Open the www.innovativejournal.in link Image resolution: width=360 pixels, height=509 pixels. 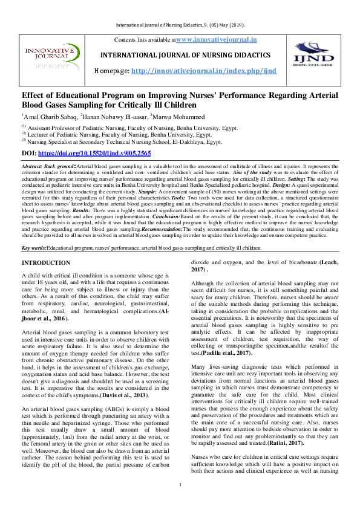tap(216, 39)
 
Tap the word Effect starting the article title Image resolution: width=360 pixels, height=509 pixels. tap(35, 96)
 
